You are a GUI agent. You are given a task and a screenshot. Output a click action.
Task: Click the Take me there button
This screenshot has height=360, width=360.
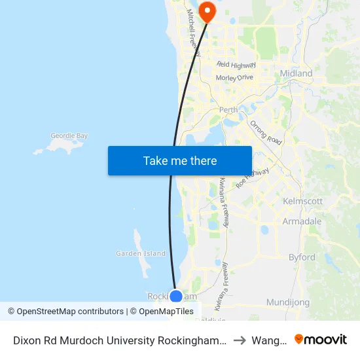(180, 160)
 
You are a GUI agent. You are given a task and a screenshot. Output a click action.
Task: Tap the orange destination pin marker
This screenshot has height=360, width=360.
(207, 11)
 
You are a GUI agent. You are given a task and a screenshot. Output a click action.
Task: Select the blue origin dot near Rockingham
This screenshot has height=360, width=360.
(176, 297)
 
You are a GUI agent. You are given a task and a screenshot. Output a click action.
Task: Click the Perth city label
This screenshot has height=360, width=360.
(229, 110)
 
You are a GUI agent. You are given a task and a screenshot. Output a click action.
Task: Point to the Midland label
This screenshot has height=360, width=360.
(296, 73)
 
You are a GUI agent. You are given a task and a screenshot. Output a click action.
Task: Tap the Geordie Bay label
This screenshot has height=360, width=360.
(69, 136)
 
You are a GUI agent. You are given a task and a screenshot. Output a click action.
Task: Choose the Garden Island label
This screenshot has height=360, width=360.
(140, 253)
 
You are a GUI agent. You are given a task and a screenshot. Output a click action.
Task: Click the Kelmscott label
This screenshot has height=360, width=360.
(302, 201)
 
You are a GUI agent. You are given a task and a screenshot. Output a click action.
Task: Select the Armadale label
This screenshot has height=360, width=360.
(302, 221)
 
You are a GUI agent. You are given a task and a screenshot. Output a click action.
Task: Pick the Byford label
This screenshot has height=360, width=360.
(302, 257)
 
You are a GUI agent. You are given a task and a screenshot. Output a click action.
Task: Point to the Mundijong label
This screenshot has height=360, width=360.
(289, 302)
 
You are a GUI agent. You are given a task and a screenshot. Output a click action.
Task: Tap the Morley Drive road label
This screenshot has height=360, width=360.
(234, 77)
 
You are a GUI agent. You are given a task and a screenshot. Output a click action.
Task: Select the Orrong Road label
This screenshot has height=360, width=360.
(266, 132)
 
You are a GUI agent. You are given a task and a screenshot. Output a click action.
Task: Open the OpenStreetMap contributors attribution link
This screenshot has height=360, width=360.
(66, 312)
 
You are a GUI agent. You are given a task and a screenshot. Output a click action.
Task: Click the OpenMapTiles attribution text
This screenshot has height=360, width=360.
(162, 312)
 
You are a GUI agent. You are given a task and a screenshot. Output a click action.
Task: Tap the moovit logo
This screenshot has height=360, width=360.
(321, 340)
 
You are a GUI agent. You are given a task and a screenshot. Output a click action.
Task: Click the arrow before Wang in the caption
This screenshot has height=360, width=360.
(240, 340)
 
